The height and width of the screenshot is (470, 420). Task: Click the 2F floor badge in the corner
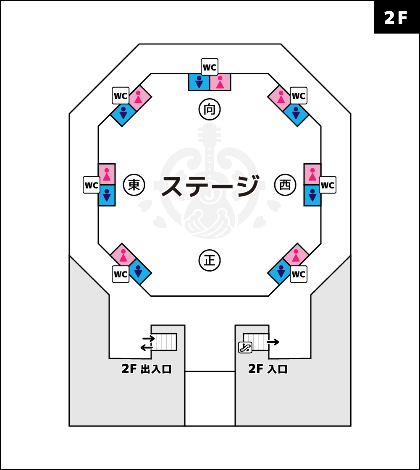coord(396,17)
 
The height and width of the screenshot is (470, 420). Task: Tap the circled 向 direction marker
coord(210,110)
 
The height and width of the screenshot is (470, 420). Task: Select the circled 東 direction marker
coord(134,185)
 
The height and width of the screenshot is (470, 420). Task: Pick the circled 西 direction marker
coord(285,185)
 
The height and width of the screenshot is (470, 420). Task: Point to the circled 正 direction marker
coord(210,261)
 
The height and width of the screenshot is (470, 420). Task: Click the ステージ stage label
coord(210,186)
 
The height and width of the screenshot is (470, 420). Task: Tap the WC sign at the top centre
coord(210,67)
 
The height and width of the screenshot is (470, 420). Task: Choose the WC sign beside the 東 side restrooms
coord(92,185)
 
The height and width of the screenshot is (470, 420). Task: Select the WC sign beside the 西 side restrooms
coord(328,185)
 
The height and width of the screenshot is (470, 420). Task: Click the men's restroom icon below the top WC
coord(199,82)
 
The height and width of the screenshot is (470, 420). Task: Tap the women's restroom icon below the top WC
coord(220,82)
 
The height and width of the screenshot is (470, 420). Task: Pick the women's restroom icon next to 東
coord(107,174)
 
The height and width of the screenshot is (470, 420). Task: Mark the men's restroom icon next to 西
coord(312,196)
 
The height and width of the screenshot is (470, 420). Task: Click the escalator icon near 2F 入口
coord(245,347)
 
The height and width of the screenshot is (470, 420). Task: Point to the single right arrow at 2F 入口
coord(273,342)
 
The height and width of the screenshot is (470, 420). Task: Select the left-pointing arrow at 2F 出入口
coord(147,347)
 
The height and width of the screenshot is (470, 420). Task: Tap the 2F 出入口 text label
coord(147,369)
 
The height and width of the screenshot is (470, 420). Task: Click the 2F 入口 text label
coord(268,369)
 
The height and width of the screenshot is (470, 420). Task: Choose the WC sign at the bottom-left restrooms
coord(121,274)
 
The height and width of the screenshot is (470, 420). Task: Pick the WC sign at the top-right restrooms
coord(299,96)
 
